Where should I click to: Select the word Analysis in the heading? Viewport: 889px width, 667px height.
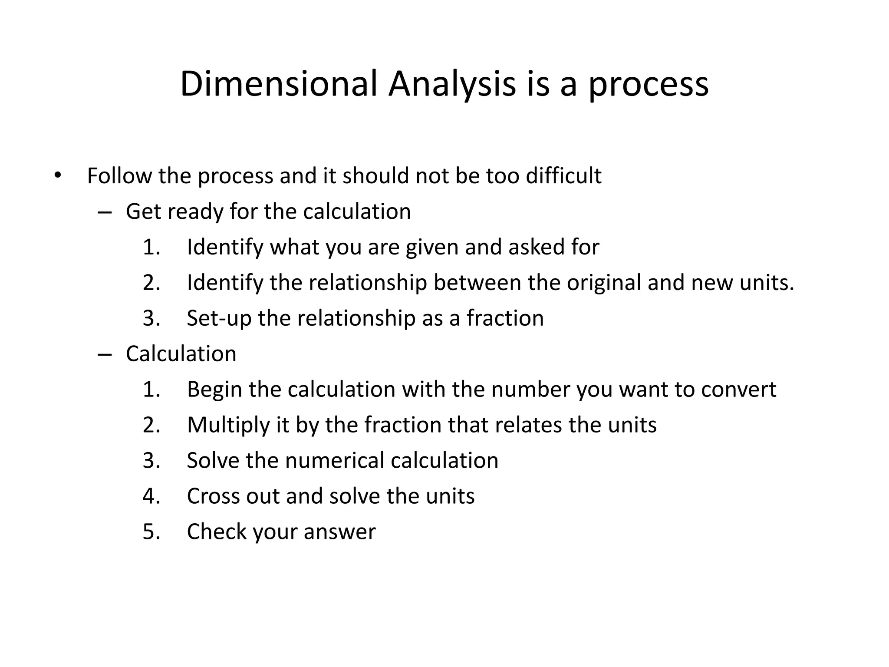pos(452,84)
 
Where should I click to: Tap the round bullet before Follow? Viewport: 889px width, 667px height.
pos(57,175)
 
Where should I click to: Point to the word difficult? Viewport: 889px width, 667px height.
pos(563,176)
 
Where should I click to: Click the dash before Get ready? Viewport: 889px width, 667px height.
pos(105,212)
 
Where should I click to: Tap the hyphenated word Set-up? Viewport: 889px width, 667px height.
pos(219,318)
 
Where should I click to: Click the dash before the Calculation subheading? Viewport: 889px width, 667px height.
pos(105,354)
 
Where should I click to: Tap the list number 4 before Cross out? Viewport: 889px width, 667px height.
pos(151,496)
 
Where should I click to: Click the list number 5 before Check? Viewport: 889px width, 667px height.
pos(151,532)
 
